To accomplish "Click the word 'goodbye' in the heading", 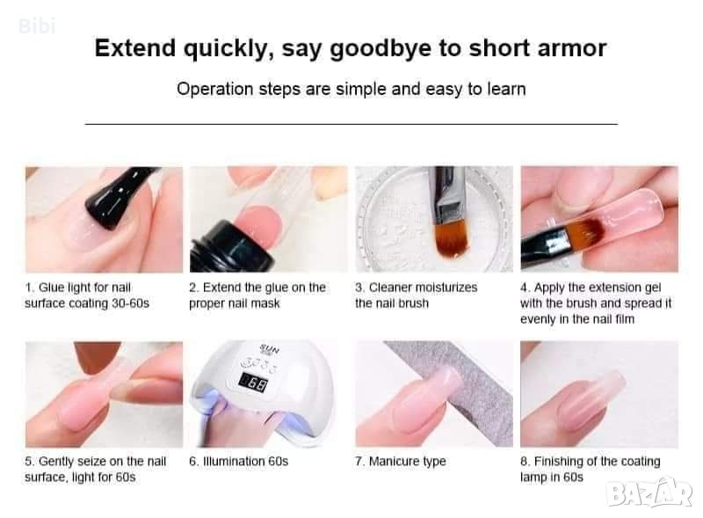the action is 380,49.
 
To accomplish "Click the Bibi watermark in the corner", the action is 37,26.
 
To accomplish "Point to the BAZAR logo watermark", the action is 649,492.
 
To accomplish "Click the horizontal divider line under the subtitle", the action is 351,123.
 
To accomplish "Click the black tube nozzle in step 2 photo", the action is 231,247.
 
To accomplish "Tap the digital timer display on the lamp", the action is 253,383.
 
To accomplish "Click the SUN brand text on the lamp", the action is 269,349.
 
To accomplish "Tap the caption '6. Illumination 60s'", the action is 238,462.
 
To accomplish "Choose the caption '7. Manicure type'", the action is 401,462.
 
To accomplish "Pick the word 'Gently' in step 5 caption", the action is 55,462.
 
